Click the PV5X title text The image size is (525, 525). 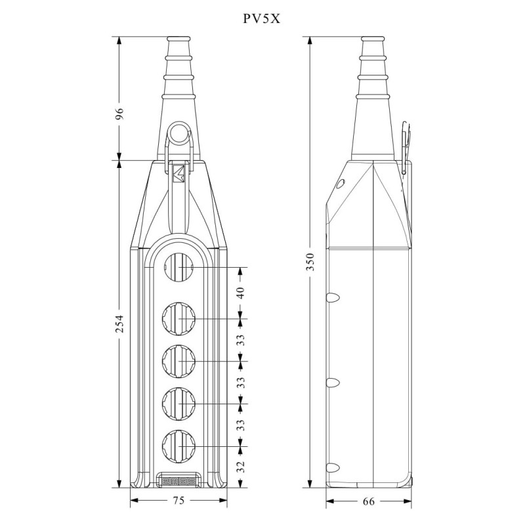point(262,18)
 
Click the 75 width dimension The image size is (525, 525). point(178,501)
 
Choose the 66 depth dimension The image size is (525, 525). point(369,501)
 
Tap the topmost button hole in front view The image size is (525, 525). point(178,268)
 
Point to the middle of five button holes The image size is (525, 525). point(178,361)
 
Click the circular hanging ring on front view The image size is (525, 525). point(178,134)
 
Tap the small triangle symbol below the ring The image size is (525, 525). point(178,173)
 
